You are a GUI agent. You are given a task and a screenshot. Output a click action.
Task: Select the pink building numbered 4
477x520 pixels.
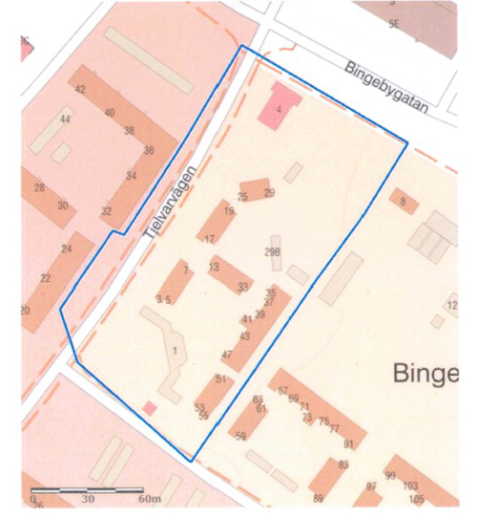click(x=280, y=107)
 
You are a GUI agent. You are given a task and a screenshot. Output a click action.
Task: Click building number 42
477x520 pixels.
click(x=80, y=90)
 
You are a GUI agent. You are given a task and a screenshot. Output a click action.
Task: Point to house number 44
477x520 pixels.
click(x=65, y=119)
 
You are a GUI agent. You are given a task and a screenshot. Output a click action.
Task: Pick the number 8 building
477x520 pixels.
click(x=403, y=202)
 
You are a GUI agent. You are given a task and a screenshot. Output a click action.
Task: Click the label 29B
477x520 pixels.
click(x=274, y=252)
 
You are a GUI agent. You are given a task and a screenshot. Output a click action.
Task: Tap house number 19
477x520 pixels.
click(x=229, y=211)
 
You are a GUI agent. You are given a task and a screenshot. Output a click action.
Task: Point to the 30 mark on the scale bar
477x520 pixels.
click(x=89, y=499)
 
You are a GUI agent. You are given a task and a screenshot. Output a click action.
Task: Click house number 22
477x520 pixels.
click(x=45, y=278)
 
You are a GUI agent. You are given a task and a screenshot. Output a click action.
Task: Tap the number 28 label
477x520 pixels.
click(x=39, y=187)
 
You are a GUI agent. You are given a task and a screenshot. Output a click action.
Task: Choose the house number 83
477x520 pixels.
click(x=343, y=465)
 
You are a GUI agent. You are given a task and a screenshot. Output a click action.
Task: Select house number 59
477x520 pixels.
click(x=240, y=436)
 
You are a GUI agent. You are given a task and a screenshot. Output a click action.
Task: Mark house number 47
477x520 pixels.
click(x=226, y=356)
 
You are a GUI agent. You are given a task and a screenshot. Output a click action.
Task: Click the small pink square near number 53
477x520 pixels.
click(x=149, y=408)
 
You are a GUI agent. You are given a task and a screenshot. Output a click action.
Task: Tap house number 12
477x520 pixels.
click(x=451, y=306)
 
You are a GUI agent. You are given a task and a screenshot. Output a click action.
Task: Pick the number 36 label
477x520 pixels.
click(x=148, y=150)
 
